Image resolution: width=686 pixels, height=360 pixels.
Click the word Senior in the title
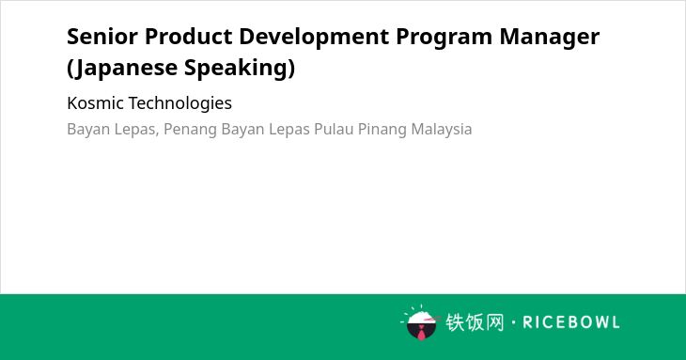coord(102,37)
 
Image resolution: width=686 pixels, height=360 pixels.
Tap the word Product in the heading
coord(189,37)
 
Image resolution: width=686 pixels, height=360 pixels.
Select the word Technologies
coord(180,104)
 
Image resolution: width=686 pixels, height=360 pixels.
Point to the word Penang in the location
coord(191,130)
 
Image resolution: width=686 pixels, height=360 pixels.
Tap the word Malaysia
coord(442,130)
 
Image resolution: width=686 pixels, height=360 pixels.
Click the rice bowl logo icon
coord(421,323)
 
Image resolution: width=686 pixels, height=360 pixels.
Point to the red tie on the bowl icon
coord(421,334)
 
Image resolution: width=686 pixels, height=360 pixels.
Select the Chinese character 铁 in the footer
coord(455,322)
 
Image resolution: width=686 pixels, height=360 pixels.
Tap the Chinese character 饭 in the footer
coord(475,322)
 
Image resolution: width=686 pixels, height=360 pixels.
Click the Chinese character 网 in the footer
coord(495,322)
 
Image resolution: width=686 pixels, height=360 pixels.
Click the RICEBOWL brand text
coord(571,322)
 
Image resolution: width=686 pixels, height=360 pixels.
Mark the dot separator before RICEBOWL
coord(513,322)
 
